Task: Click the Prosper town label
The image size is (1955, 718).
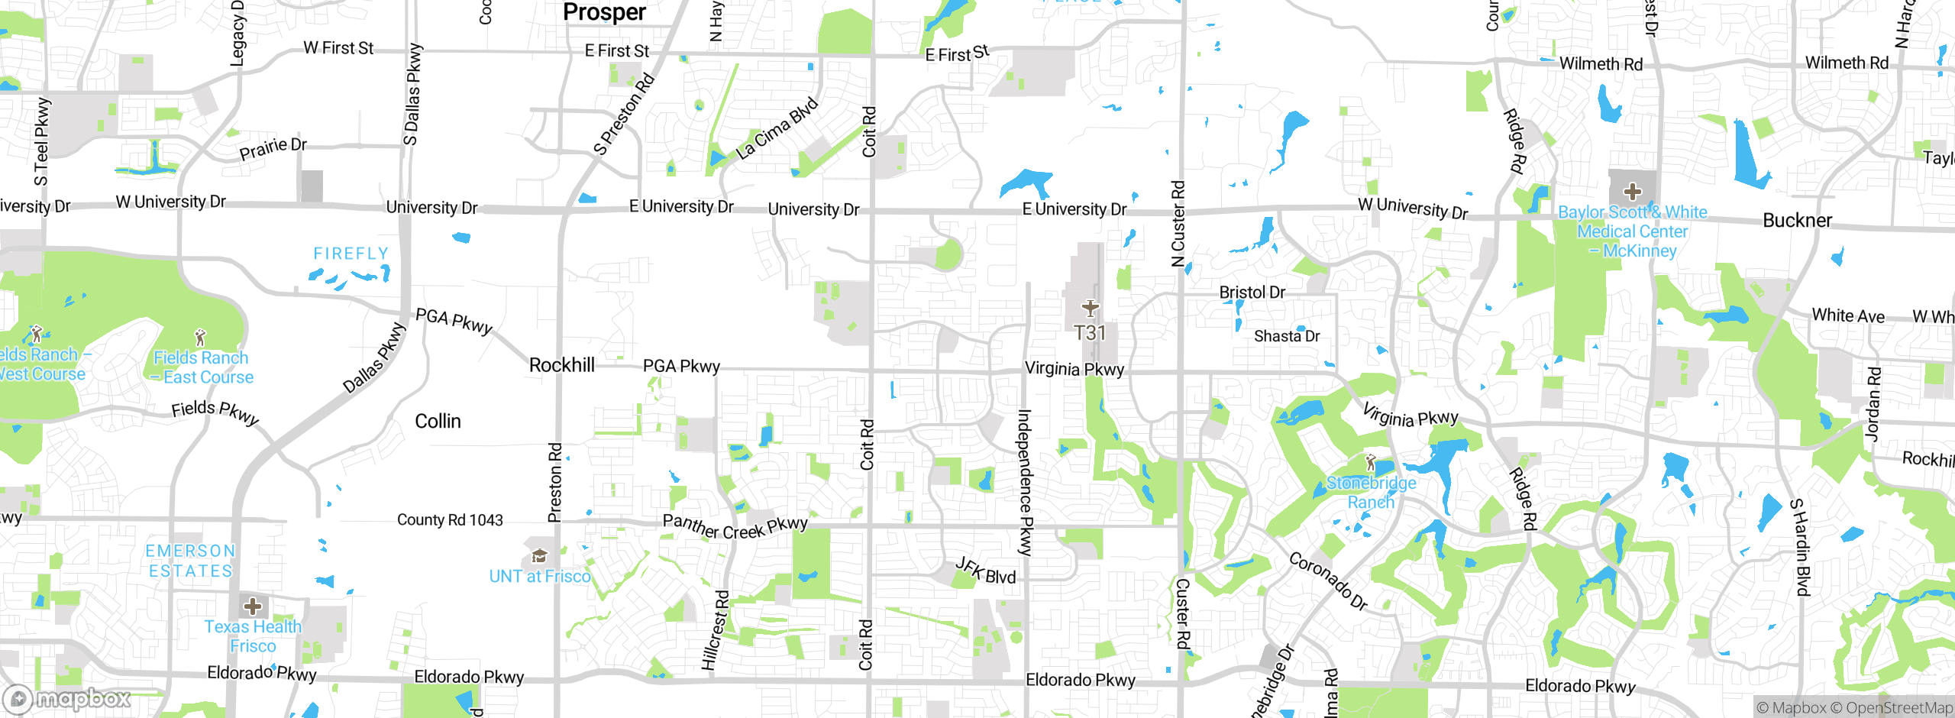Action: point(604,11)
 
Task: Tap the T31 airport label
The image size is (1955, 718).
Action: point(1090,333)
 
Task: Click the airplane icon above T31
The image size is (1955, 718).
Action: point(1090,308)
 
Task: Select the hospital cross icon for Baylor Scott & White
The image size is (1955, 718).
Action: point(1632,191)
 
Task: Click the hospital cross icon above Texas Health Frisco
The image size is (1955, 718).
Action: point(253,606)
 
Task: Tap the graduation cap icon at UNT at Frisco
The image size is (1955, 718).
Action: point(539,555)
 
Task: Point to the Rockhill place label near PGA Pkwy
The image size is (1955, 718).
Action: point(561,365)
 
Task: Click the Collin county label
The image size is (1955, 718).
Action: point(438,421)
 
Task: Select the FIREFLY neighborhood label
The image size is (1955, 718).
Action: point(351,253)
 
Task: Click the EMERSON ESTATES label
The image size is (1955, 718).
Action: point(190,561)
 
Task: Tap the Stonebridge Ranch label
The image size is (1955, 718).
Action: point(1371,493)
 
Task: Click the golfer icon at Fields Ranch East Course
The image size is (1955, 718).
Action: point(200,337)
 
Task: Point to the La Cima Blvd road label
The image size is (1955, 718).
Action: point(776,129)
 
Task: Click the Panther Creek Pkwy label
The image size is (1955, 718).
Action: point(735,526)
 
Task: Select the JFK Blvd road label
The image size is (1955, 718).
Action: point(986,571)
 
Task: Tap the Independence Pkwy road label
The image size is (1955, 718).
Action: point(1025,482)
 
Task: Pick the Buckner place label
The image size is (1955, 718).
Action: point(1797,220)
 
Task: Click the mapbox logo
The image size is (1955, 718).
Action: point(67,698)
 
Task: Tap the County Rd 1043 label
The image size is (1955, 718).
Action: point(450,520)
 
